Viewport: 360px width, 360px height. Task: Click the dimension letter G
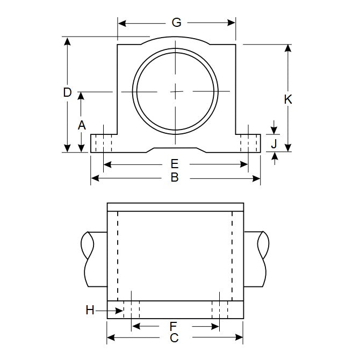point(176,23)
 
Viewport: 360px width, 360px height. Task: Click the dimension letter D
point(67,92)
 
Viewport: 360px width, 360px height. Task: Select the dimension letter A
point(81,125)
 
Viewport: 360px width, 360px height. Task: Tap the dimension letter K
point(288,99)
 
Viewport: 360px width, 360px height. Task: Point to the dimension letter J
point(273,143)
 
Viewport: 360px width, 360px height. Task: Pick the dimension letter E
point(174,164)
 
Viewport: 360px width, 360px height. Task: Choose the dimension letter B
point(174,177)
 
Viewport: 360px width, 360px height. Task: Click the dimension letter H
point(90,309)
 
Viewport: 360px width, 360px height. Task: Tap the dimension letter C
point(174,338)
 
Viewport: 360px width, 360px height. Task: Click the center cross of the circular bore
point(177,92)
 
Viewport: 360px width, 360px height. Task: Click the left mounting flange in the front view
point(102,143)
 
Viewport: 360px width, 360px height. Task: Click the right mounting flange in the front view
point(250,143)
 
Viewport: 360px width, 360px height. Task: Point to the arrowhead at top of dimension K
point(288,47)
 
